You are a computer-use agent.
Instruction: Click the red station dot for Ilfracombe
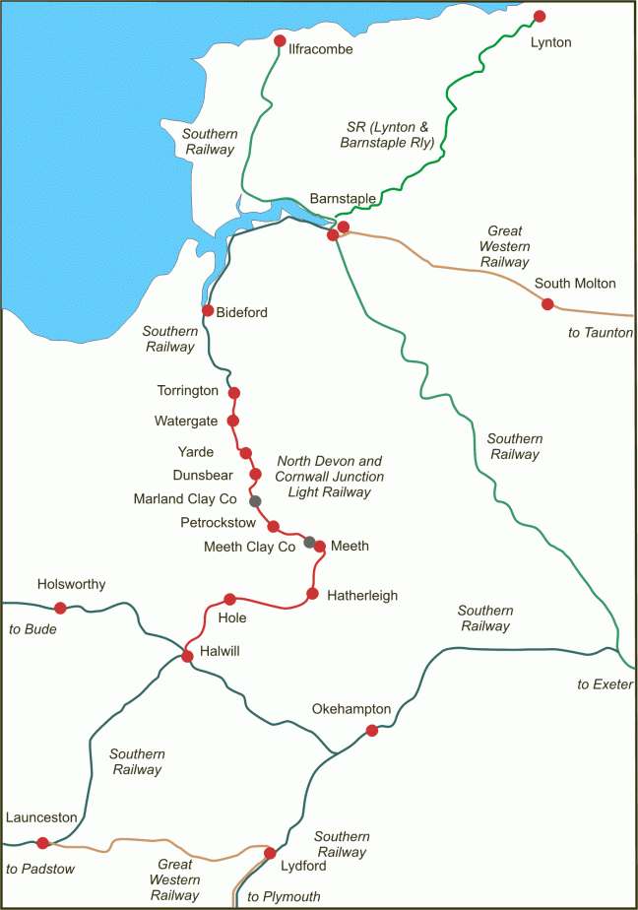click(280, 41)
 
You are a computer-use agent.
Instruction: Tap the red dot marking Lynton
click(540, 17)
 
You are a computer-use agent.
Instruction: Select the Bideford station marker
click(208, 310)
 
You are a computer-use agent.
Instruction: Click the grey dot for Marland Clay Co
click(255, 501)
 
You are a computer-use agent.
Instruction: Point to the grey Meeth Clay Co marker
click(309, 542)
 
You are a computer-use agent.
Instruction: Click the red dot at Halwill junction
click(186, 657)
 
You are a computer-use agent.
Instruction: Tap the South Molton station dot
click(547, 304)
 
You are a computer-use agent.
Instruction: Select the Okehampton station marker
click(371, 731)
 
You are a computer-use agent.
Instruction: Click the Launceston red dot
click(42, 843)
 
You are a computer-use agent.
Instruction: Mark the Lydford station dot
click(270, 853)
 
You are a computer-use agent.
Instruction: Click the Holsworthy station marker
click(60, 608)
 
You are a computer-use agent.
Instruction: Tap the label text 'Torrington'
click(187, 391)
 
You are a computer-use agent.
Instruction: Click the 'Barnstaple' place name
click(343, 198)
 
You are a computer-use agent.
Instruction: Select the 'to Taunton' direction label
click(601, 333)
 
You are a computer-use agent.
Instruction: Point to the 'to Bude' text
click(32, 629)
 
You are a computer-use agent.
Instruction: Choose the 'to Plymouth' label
click(284, 896)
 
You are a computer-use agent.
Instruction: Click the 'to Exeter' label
click(605, 684)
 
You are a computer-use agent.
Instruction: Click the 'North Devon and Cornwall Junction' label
click(330, 469)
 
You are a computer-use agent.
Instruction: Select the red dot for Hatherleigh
click(312, 594)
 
